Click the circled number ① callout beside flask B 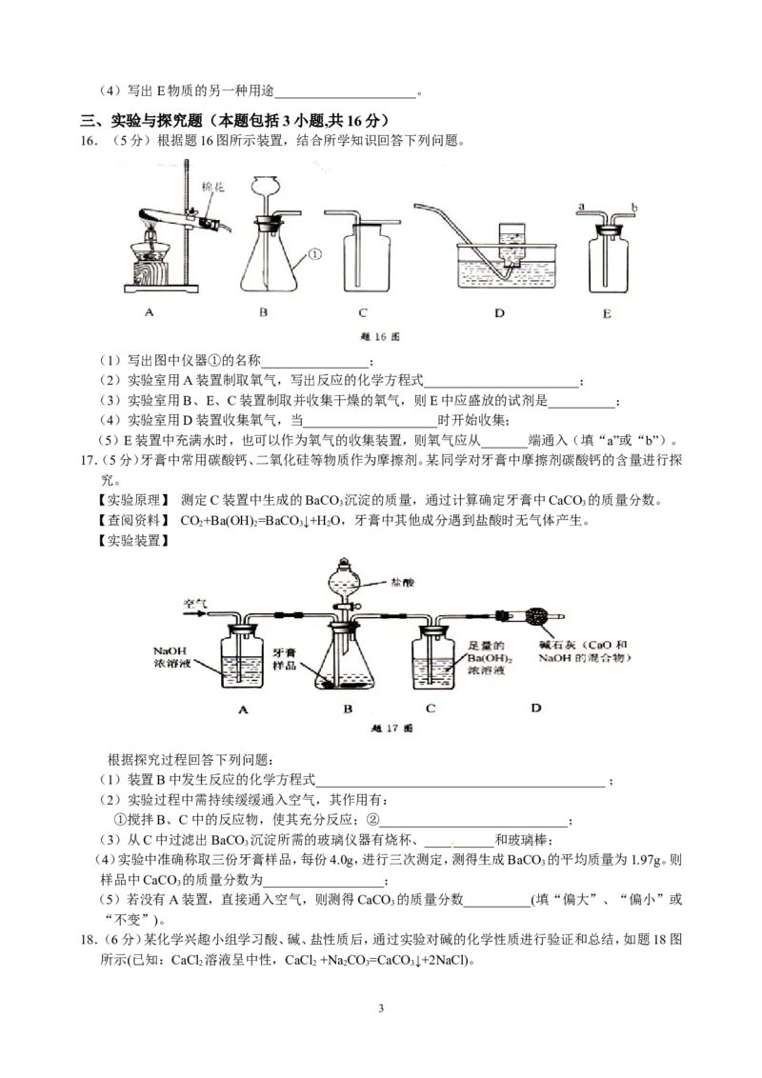[x=314, y=253]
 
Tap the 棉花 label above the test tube [x=213, y=187]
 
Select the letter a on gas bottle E [x=582, y=206]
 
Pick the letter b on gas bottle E [x=634, y=207]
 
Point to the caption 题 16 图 [x=380, y=337]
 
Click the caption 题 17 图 [x=391, y=729]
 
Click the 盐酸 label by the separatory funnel [x=402, y=582]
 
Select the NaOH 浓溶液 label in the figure [x=170, y=657]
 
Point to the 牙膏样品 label [x=284, y=659]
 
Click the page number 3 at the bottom [x=381, y=1008]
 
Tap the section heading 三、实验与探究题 [x=142, y=121]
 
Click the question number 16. [x=90, y=141]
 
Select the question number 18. [x=90, y=940]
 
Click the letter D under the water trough [x=499, y=312]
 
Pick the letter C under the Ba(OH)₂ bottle [x=431, y=709]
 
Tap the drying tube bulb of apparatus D [x=536, y=617]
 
